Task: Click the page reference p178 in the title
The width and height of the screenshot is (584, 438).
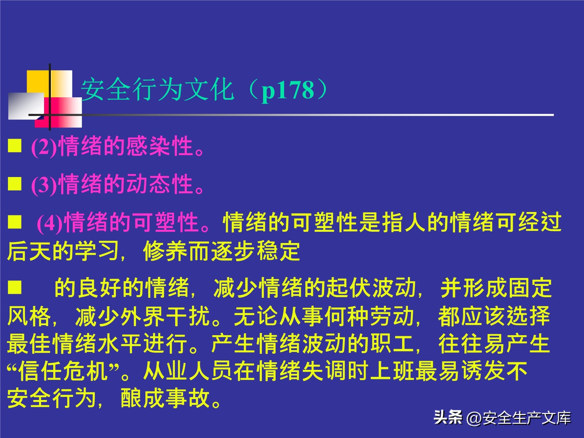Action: point(288,90)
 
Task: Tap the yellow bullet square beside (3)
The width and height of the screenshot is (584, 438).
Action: point(15,184)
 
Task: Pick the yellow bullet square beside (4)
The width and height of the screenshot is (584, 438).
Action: point(15,222)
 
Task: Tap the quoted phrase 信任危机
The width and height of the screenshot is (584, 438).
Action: point(63,371)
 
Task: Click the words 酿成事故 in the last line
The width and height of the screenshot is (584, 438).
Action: point(165,398)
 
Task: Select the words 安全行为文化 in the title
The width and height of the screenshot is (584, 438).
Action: point(157,90)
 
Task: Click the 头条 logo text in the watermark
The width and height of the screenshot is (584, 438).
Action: point(448,417)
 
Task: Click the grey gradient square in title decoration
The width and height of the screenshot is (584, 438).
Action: point(26,106)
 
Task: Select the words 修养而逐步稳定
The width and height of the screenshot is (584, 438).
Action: point(221,251)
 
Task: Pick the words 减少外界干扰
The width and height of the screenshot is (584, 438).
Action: point(143,317)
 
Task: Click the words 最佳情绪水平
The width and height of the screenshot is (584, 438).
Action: point(74,344)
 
